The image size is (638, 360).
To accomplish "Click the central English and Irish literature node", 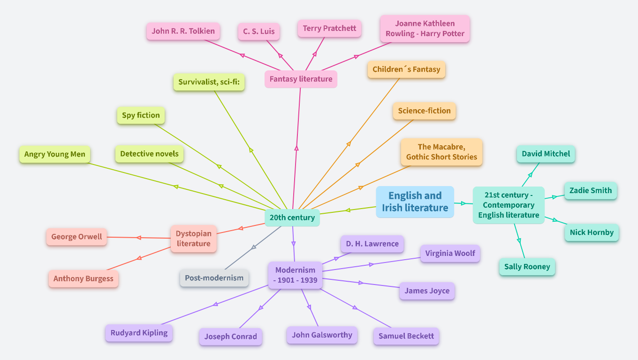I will click(415, 202).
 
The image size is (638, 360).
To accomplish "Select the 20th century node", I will click(292, 217).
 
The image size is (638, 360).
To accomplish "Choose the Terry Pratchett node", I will click(329, 28).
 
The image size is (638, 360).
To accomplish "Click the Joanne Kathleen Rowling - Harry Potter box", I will click(425, 29).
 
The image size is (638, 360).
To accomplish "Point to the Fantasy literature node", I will click(301, 79).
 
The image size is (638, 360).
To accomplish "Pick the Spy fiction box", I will click(141, 115).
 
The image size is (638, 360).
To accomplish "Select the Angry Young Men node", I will click(55, 154).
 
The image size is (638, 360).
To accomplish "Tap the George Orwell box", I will click(76, 237).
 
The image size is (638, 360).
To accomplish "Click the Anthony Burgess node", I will click(84, 278).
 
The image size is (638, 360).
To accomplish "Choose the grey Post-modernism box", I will click(214, 278).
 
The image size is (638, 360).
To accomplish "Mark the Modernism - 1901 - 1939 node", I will click(296, 276).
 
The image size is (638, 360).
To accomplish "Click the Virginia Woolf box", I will click(450, 254).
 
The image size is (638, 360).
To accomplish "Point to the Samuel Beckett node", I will click(406, 336).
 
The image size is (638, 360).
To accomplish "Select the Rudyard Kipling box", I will click(139, 333).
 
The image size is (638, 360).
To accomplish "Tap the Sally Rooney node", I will click(527, 267).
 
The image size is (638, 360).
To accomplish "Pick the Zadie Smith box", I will click(591, 191).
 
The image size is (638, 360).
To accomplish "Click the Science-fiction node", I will click(424, 111).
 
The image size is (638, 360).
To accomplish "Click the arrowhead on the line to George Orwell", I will click(139, 238).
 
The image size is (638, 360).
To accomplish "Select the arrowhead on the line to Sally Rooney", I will click(519, 240).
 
